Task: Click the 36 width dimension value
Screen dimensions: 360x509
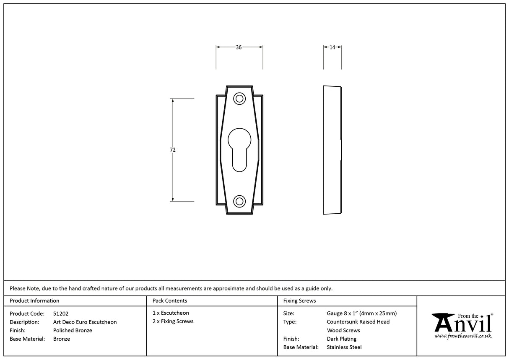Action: point(239,47)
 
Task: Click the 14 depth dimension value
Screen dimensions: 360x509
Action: point(332,47)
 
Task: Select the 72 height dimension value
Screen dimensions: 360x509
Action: point(173,150)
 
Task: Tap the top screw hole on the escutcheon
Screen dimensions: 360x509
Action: point(239,99)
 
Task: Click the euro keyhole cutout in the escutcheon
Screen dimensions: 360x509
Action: point(239,149)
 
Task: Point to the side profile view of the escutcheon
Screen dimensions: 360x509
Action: point(332,150)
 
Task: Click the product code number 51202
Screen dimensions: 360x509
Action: point(61,313)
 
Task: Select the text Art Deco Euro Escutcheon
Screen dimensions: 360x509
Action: point(85,322)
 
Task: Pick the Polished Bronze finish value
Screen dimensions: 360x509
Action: point(73,330)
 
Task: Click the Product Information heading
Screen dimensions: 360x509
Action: point(34,300)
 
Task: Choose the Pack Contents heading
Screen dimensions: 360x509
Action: point(170,300)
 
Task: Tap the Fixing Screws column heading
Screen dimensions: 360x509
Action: point(299,300)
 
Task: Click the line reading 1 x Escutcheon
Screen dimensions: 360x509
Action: point(171,313)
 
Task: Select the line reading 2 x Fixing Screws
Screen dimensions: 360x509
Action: point(173,321)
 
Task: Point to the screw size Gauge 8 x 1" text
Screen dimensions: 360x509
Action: point(361,313)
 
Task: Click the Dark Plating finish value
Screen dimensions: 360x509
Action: point(342,339)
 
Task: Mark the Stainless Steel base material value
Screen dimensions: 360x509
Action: point(344,347)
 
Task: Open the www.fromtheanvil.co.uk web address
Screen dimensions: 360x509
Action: point(462,336)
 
